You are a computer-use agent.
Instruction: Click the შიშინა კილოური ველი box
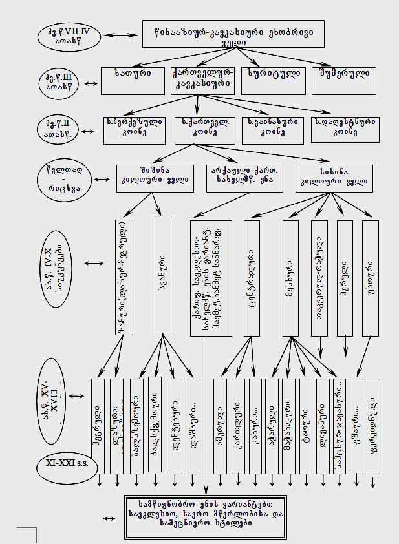point(155,178)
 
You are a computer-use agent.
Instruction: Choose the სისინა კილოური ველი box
point(334,178)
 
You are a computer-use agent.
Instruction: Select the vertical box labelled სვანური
point(163,275)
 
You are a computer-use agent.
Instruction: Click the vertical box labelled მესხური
point(290,278)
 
